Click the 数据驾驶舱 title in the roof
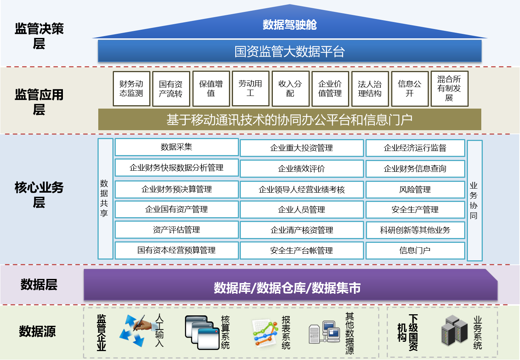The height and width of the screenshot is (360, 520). coord(290,25)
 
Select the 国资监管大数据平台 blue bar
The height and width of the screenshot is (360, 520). coord(290,51)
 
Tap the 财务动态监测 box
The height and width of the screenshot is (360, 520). coord(131,89)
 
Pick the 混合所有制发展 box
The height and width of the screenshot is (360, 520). coord(449,89)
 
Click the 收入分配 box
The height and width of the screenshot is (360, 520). coord(290,89)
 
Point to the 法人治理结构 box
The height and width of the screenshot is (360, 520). coord(370,89)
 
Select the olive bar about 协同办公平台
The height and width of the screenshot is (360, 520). coord(290,119)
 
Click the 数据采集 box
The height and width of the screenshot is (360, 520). coord(177,147)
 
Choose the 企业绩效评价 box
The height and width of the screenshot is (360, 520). coord(302,168)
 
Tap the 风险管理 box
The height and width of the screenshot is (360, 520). coord(415,190)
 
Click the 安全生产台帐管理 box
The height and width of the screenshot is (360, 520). coord(302,251)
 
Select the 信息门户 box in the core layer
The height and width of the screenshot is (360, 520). coord(415,251)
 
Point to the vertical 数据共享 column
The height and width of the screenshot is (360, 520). coord(105,199)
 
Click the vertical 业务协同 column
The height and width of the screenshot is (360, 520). coord(475,200)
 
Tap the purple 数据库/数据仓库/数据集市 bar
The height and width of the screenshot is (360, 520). coord(290,285)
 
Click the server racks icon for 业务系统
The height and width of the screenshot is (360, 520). coord(454,330)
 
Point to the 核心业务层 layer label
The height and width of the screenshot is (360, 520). coord(39,195)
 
